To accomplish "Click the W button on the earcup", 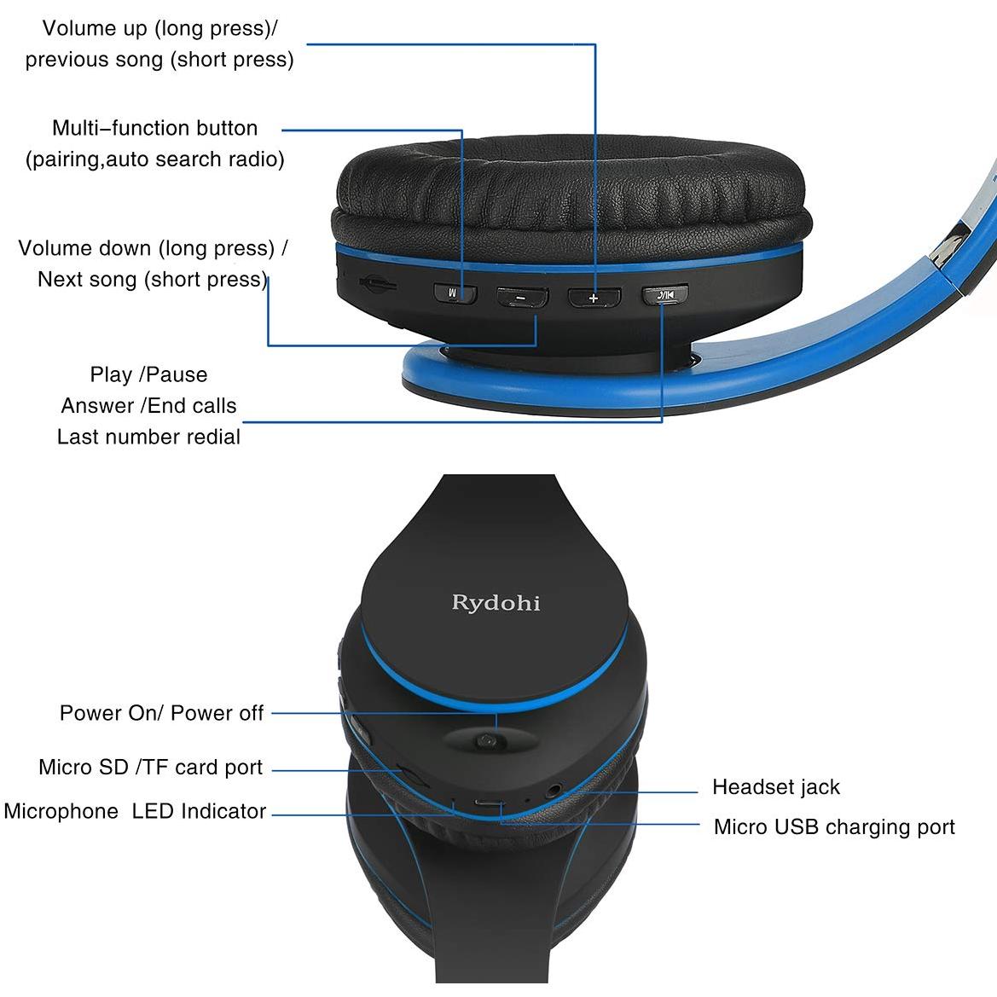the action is pos(455,293).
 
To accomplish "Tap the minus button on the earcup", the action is pos(522,297).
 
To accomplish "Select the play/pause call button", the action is pos(664,294).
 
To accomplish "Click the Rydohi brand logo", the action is pos(496,602).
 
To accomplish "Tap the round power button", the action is pos(486,741).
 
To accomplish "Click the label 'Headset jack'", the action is pos(776,787).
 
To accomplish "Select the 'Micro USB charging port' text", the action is pos(834,826).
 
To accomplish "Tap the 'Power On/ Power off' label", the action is pos(161,713).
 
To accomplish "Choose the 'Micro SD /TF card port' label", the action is pos(151,767).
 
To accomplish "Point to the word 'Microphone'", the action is pos(61,811).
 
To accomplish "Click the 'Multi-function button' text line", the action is pos(155,128).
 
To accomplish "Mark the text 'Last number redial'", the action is pos(148,437).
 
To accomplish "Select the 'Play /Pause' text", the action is pos(148,374).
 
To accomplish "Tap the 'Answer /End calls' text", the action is pos(148,406).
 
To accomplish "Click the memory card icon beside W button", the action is pos(378,284).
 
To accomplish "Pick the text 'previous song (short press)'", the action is pos(159,59).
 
